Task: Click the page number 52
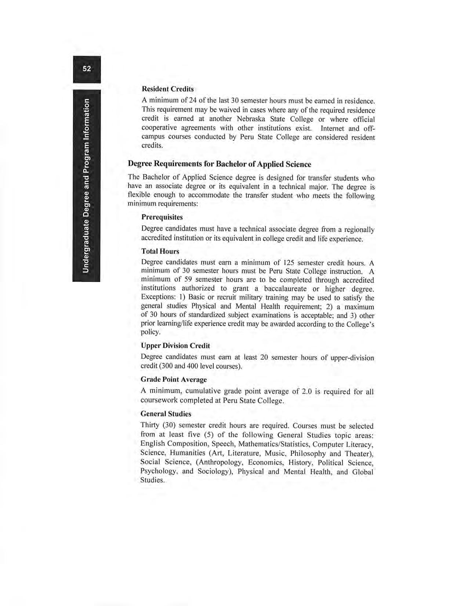point(87,69)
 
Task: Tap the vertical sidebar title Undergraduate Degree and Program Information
point(86,186)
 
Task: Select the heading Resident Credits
point(167,89)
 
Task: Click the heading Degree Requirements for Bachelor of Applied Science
point(219,164)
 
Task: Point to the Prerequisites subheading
point(162,217)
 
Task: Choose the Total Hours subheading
point(160,251)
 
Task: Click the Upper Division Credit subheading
point(175,346)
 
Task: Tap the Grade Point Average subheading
point(174,379)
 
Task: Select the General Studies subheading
point(166,414)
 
